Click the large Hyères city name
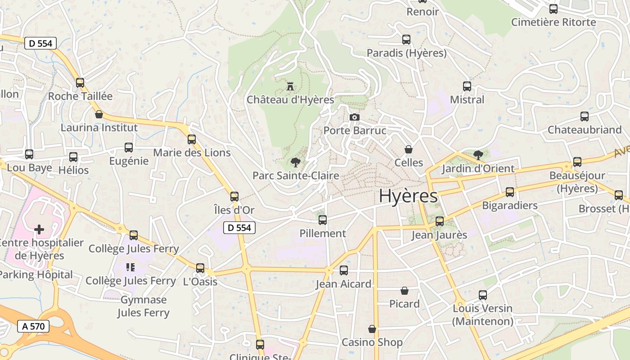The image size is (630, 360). pyautogui.click(x=408, y=196)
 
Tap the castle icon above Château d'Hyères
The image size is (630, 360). pyautogui.click(x=290, y=85)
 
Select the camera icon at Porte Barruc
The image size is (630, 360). pyautogui.click(x=355, y=117)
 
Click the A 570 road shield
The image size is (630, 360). pyautogui.click(x=33, y=326)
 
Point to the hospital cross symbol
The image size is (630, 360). pyautogui.click(x=39, y=229)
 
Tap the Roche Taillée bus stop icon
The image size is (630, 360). pyautogui.click(x=80, y=83)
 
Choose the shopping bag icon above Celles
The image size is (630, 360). pyautogui.click(x=409, y=149)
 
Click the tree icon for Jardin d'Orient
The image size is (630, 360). pyautogui.click(x=478, y=155)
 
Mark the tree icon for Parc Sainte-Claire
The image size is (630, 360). pyautogui.click(x=295, y=162)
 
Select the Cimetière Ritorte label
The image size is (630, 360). pyautogui.click(x=553, y=22)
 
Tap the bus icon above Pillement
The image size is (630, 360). pyautogui.click(x=323, y=220)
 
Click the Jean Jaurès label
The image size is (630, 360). pyautogui.click(x=439, y=234)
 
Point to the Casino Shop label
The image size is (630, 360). pyautogui.click(x=372, y=342)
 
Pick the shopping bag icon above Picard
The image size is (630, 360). pyautogui.click(x=405, y=291)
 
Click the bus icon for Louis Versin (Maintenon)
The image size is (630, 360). pyautogui.click(x=483, y=295)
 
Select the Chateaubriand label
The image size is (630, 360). pyautogui.click(x=585, y=130)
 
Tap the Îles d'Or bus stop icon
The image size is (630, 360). pyautogui.click(x=234, y=197)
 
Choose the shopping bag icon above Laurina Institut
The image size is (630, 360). pyautogui.click(x=99, y=115)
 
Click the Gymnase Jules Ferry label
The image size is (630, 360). pyautogui.click(x=144, y=306)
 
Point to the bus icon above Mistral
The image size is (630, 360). pyautogui.click(x=467, y=86)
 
